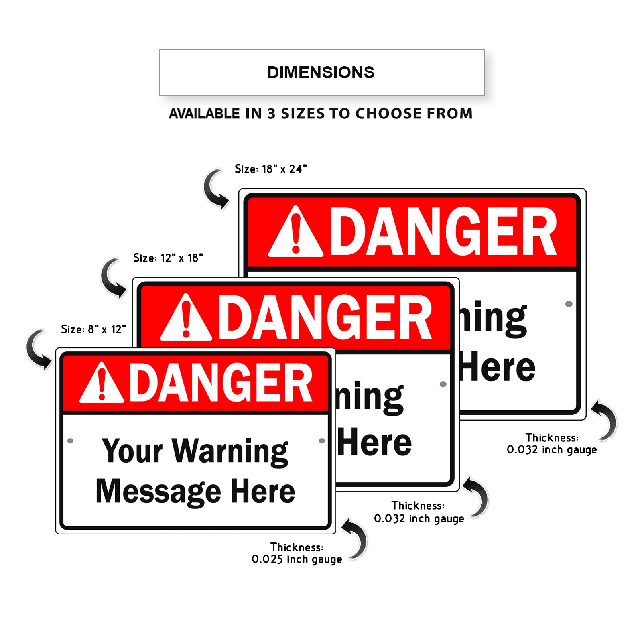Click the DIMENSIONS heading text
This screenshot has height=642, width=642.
click(321, 73)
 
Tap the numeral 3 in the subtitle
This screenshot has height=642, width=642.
click(271, 114)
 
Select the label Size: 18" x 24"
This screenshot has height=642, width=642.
click(271, 169)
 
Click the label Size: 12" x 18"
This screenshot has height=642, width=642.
click(168, 258)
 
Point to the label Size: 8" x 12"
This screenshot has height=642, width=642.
click(93, 329)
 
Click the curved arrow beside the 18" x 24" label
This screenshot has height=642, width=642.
click(216, 189)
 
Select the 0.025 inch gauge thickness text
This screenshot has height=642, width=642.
click(297, 559)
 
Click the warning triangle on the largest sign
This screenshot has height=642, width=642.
click(296, 234)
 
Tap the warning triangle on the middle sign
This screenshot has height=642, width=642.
click(186, 319)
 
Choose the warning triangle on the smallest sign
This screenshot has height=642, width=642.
click(102, 384)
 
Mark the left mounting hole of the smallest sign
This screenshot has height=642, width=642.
click(70, 441)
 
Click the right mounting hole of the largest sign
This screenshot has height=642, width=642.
click(569, 304)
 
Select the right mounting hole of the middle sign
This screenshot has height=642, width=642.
click(443, 384)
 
